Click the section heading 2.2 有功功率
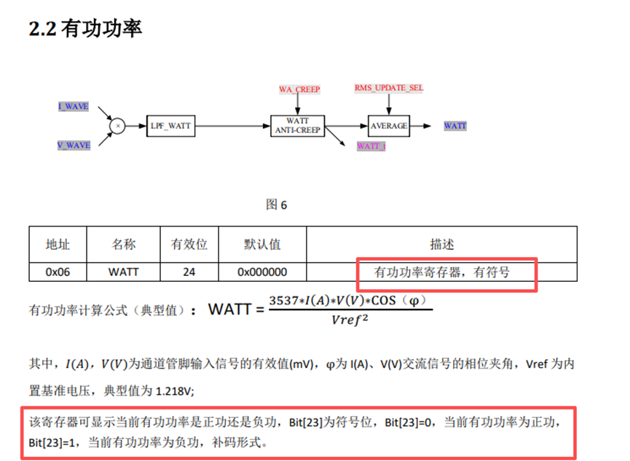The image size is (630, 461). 84,28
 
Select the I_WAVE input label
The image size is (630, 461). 74,106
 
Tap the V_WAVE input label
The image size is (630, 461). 74,145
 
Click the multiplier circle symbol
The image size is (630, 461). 117,126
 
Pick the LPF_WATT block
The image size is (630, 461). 171,126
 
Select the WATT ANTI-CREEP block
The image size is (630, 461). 297,125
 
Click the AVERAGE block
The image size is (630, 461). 389,126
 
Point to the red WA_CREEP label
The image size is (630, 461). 299,90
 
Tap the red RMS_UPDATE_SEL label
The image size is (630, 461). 389,88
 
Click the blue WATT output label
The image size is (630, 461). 455,126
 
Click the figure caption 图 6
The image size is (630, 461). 276,205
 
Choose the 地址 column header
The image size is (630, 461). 58,244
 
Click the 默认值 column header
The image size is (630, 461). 262,244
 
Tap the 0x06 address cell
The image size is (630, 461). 58,272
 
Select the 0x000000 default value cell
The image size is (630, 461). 262,272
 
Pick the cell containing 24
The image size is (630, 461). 189,272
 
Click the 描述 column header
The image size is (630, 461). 442,244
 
